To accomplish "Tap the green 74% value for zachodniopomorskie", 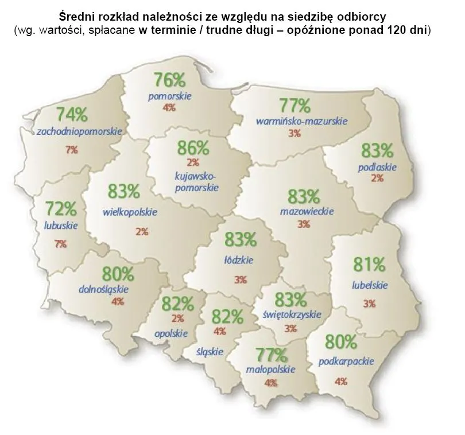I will click(x=72, y=114).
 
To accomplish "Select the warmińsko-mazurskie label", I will click(x=294, y=122).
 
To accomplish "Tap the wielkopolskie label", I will click(x=130, y=211).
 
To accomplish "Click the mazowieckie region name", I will click(x=307, y=211).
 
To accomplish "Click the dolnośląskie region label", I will click(x=103, y=289).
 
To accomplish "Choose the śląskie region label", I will click(x=210, y=351).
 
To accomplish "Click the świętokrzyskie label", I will click(x=292, y=314).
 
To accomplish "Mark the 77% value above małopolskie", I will click(x=271, y=354).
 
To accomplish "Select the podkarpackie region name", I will click(x=346, y=361).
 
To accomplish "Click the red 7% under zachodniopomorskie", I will click(x=71, y=150).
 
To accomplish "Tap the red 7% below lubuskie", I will click(x=60, y=243).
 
